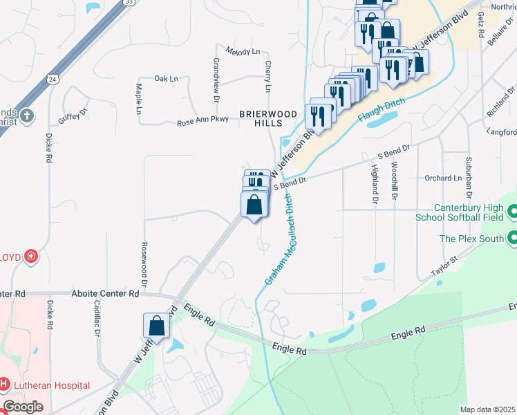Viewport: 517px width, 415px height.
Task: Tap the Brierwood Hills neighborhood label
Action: tap(268, 118)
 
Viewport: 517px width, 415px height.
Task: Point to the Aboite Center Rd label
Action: tap(105, 293)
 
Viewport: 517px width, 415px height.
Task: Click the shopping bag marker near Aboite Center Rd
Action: tap(156, 326)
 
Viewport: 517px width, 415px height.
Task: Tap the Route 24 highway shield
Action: tap(53, 79)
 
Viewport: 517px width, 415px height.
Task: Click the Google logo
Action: tap(23, 407)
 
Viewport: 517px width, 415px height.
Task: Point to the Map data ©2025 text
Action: tap(487, 409)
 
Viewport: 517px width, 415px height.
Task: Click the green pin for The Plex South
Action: tap(512, 239)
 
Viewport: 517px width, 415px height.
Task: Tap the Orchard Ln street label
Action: tap(443, 178)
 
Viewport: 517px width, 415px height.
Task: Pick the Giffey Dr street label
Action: tap(73, 116)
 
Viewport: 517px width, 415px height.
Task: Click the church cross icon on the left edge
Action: tap(26, 115)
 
